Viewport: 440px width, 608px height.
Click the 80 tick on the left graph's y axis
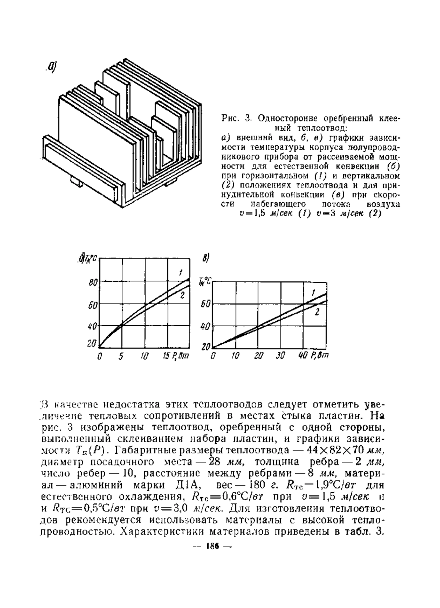click(x=92, y=283)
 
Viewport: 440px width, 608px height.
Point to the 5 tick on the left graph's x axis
click(x=121, y=356)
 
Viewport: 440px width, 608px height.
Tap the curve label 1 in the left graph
click(x=181, y=272)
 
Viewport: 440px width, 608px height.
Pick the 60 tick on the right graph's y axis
click(x=205, y=304)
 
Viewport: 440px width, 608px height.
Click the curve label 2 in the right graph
click(x=317, y=312)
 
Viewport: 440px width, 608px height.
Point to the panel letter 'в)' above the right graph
click(x=206, y=259)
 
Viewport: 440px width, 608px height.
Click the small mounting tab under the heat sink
click(x=76, y=181)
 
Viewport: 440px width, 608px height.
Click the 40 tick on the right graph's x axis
click(x=303, y=356)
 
